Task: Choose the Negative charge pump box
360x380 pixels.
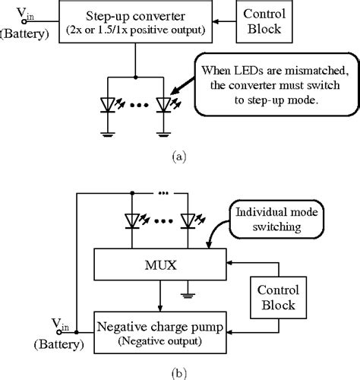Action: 159,332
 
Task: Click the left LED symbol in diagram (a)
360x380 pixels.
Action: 107,104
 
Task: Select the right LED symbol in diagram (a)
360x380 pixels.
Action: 163,104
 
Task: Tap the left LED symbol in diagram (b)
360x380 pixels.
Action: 134,220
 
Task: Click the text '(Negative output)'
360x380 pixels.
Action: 159,340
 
